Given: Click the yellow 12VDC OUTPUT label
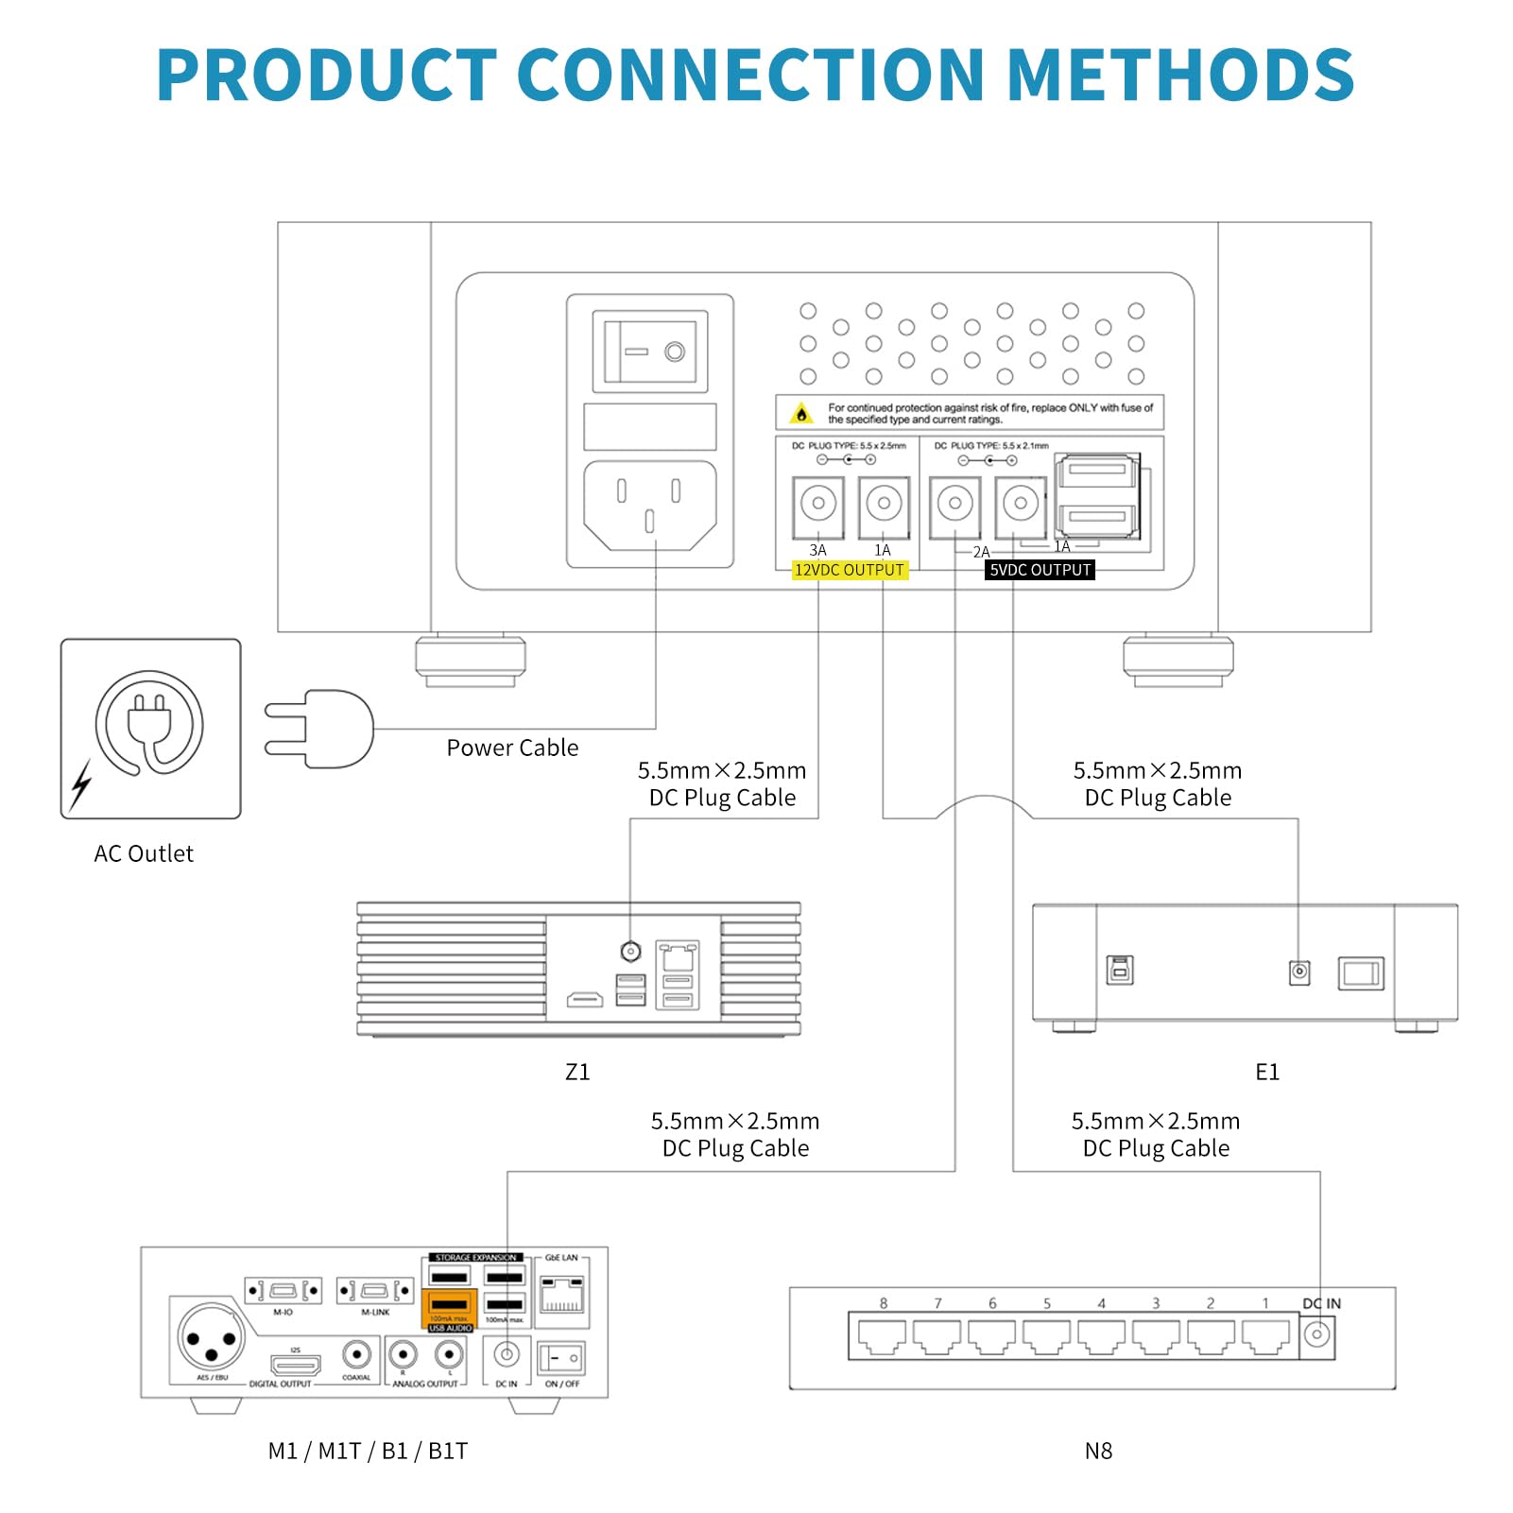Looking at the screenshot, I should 849,570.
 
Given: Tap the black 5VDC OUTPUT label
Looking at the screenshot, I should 1040,570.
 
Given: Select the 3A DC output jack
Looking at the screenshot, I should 818,504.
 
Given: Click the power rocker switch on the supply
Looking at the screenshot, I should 650,352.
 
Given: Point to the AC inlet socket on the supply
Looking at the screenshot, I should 650,505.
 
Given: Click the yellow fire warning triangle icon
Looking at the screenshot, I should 801,414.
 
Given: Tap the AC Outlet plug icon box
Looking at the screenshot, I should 151,728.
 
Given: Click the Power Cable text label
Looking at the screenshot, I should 512,748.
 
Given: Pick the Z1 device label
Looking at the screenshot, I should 577,1072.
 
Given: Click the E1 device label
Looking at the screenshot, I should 1267,1072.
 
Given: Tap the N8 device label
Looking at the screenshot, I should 1098,1451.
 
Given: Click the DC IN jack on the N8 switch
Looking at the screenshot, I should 1316,1335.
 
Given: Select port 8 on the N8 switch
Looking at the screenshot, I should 882,1335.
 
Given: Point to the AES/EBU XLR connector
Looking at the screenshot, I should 212,1338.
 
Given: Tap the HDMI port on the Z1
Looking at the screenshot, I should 585,999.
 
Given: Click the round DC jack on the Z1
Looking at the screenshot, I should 630,951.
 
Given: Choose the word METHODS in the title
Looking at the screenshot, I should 1181,75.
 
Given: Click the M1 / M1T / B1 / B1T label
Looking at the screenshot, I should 368,1451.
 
